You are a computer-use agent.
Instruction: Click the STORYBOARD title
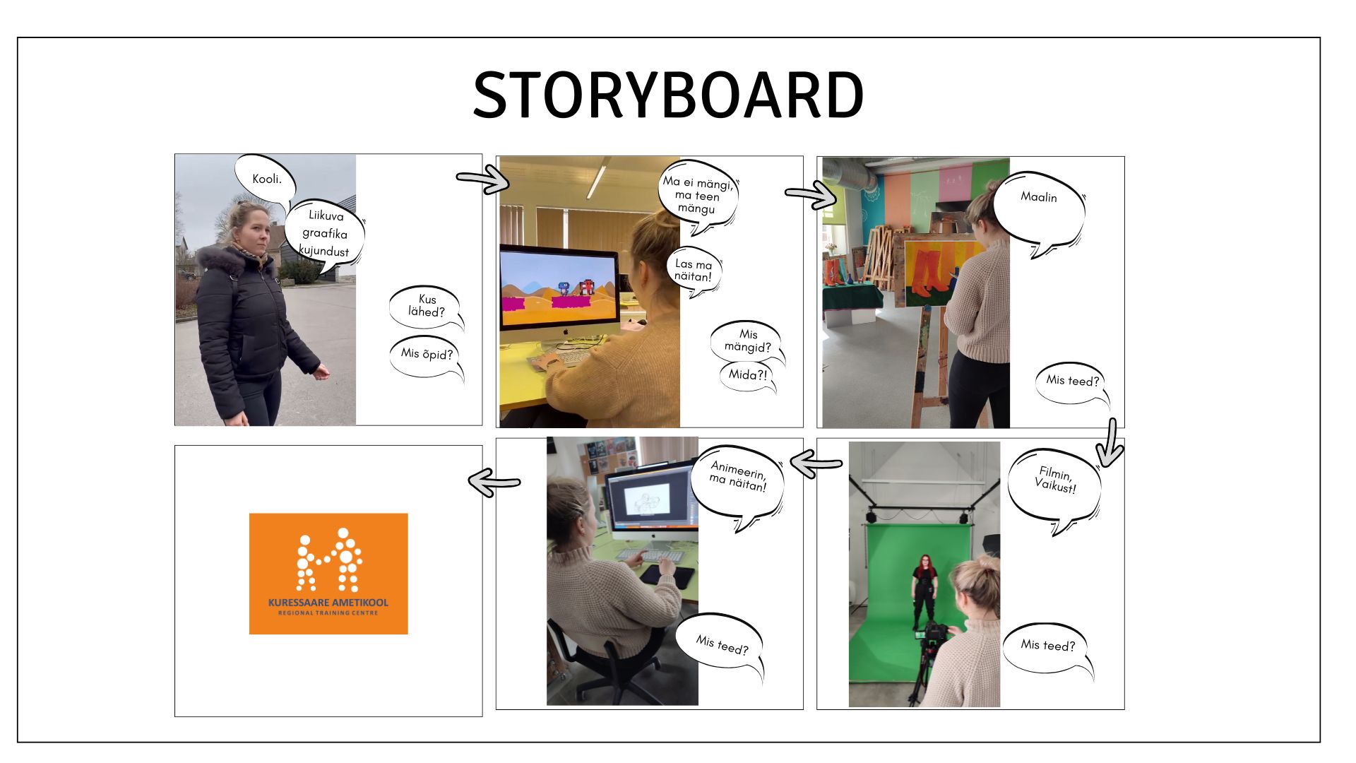pos(668,95)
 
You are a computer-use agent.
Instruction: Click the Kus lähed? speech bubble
pos(426,306)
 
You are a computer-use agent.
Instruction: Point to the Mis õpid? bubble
pos(426,355)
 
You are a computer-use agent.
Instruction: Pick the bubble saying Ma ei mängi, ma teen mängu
pos(698,194)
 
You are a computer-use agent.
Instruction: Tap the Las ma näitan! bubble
pos(694,270)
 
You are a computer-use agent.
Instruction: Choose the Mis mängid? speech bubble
pos(747,341)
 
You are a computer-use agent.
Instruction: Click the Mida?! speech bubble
pos(747,375)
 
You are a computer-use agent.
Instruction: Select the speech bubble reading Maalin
pos(1038,206)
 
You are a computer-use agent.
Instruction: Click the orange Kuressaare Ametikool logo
pos(328,574)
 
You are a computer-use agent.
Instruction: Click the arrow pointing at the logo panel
pos(494,483)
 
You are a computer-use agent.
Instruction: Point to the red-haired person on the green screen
pos(924,592)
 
